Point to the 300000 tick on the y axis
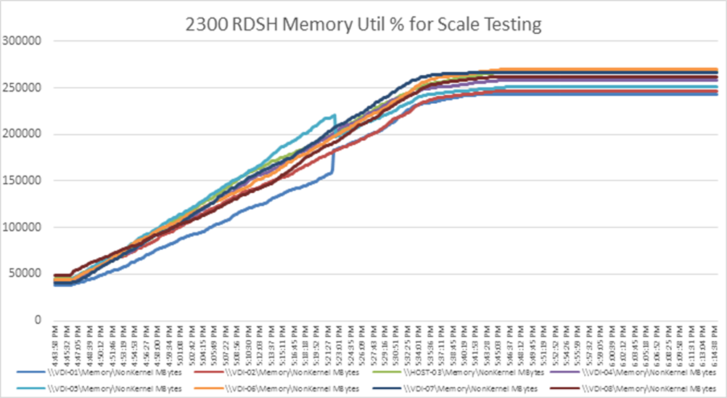point(21,41)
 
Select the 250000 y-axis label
point(21,88)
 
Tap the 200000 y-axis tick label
point(21,134)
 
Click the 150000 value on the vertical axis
point(21,181)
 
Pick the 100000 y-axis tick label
point(21,227)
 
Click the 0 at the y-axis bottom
point(36,320)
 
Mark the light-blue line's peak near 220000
point(334,115)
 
